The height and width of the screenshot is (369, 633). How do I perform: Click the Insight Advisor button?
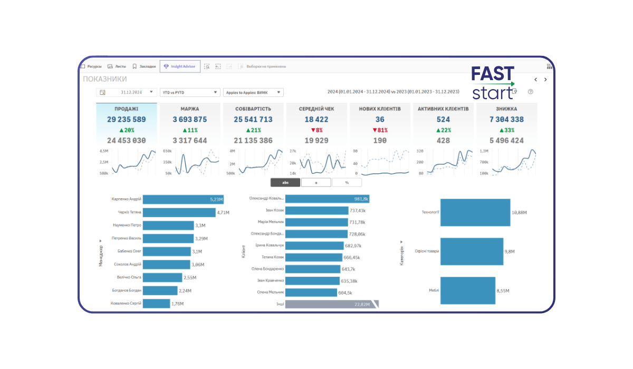tap(179, 66)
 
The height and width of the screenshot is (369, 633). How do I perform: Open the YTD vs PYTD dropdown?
tap(190, 92)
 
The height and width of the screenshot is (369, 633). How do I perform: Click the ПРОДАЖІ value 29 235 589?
tap(127, 120)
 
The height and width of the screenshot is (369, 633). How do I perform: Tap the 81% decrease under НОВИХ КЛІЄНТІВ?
tap(380, 130)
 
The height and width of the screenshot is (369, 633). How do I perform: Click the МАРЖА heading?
tap(190, 109)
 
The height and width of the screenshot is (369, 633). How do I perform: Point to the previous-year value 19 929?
tap(316, 141)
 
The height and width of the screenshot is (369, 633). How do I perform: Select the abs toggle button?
tap(285, 182)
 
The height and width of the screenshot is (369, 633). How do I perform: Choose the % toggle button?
tap(347, 182)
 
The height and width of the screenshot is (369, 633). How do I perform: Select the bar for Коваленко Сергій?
tap(156, 304)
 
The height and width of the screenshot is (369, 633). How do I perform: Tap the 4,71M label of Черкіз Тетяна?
tap(224, 212)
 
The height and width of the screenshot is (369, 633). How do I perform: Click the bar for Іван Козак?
tap(316, 210)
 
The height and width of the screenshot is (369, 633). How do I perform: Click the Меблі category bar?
tap(467, 290)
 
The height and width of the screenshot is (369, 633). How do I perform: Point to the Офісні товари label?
tap(427, 251)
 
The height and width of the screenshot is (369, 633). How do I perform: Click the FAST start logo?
tap(493, 83)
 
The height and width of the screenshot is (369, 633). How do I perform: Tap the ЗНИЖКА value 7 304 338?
tap(506, 120)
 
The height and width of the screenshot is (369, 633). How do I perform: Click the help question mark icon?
tap(531, 92)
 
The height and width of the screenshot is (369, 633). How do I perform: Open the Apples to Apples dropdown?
tap(254, 92)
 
